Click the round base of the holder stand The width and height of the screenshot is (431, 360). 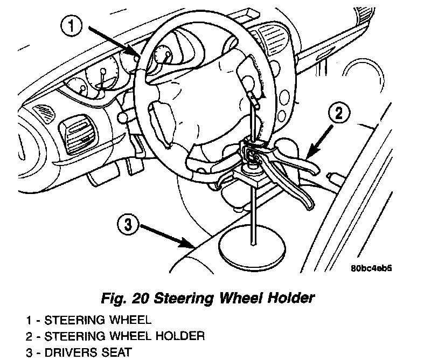click(252, 248)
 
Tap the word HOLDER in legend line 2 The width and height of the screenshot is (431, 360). click(184, 336)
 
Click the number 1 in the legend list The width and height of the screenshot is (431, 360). click(27, 320)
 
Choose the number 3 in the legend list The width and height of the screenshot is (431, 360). click(28, 353)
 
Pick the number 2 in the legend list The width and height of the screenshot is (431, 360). click(28, 336)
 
